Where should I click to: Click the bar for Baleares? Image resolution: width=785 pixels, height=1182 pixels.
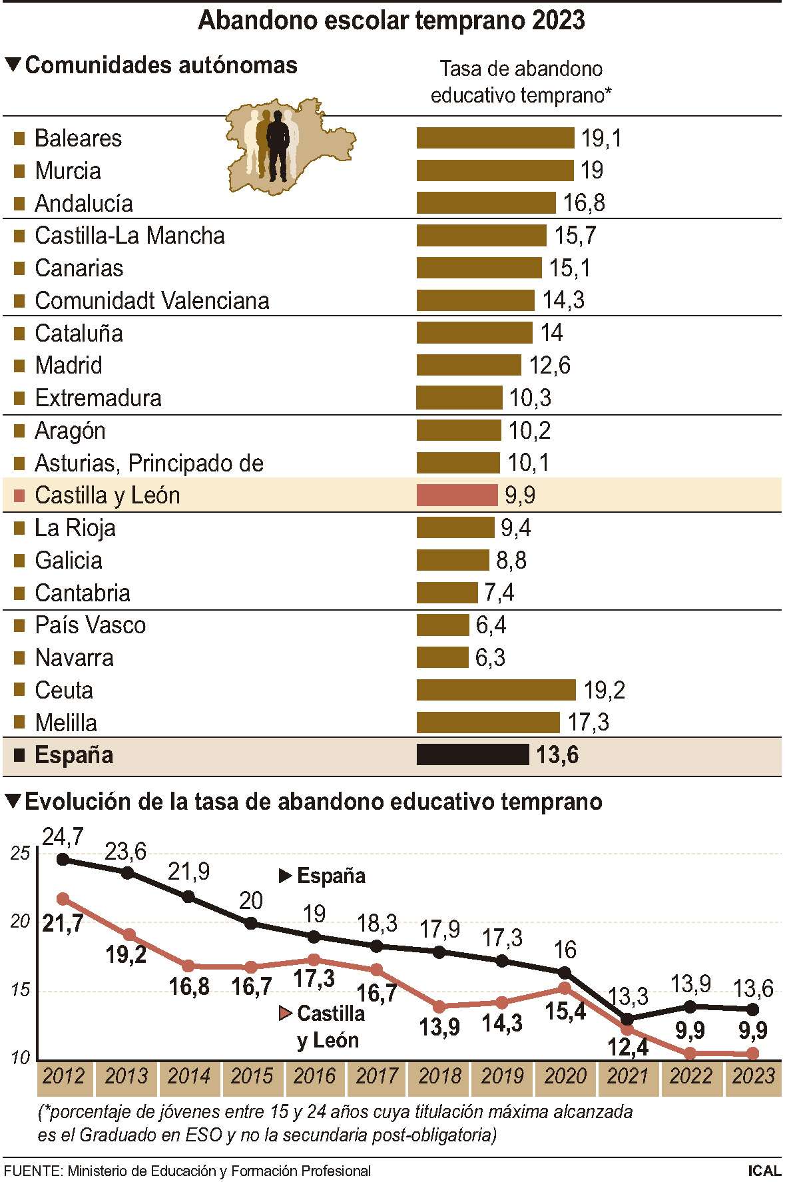pyautogui.click(x=495, y=138)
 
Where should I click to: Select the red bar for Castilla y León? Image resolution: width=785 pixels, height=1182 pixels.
pyautogui.click(x=457, y=495)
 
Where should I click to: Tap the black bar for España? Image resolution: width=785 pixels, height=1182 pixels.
pyautogui.click(x=472, y=754)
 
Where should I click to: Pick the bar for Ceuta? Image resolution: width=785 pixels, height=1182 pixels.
pyautogui.click(x=496, y=690)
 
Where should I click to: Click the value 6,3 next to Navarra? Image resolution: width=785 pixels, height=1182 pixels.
pyautogui.click(x=490, y=658)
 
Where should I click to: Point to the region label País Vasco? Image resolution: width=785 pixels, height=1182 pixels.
pyautogui.click(x=90, y=625)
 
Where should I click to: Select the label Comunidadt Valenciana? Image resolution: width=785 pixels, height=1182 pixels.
pyautogui.click(x=152, y=300)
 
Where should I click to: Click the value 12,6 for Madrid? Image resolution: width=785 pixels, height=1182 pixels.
pyautogui.click(x=549, y=365)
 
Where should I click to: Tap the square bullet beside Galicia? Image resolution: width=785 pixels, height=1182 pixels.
pyautogui.click(x=19, y=561)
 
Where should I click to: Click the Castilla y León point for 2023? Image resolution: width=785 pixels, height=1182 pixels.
pyautogui.click(x=752, y=1053)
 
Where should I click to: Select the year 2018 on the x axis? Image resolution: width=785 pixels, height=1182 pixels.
pyautogui.click(x=439, y=1076)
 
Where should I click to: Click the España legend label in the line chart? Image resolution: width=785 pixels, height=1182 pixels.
pyautogui.click(x=331, y=876)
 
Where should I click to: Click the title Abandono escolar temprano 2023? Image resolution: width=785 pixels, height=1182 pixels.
pyautogui.click(x=392, y=21)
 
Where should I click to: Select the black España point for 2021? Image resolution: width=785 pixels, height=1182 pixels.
pyautogui.click(x=627, y=1020)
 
